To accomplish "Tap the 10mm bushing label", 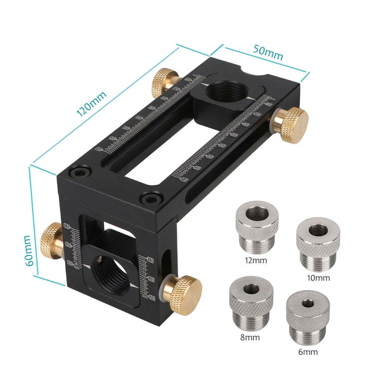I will (319, 278).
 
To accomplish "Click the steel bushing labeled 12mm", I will (257, 230).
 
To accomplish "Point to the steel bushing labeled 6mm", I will (308, 319).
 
